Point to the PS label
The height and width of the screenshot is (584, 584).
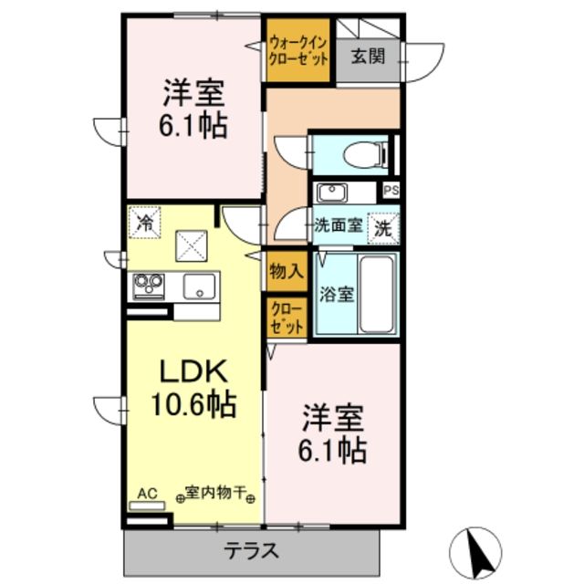(391, 191)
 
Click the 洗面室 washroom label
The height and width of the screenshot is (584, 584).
(337, 224)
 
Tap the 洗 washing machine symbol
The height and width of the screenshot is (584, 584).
(384, 228)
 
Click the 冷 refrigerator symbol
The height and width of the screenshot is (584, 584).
(143, 220)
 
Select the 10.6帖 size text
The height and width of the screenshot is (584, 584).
(193, 402)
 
